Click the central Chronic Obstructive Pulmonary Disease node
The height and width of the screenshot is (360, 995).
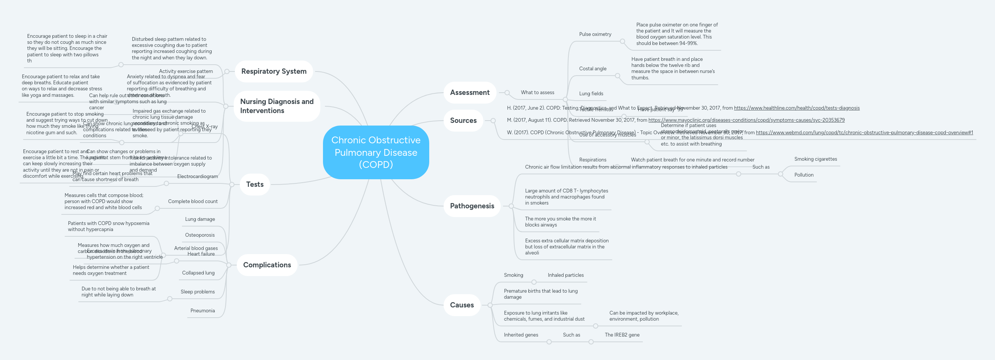tap(376, 152)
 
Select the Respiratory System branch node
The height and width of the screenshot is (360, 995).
tap(273, 71)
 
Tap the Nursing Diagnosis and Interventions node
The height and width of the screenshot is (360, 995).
tap(276, 106)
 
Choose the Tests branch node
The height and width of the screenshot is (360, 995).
tap(255, 185)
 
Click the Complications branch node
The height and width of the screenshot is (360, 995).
tap(267, 265)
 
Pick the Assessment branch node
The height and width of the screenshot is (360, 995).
tap(469, 93)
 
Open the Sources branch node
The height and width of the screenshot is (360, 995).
tap(463, 121)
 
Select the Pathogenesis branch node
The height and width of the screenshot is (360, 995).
tap(472, 206)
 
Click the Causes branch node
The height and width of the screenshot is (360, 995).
tap(462, 305)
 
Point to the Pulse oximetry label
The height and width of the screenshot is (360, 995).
tap(595, 34)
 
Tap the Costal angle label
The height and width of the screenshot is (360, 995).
tap(593, 69)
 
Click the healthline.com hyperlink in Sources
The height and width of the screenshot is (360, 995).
tap(796, 108)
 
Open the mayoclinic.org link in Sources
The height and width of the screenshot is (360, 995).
tap(746, 120)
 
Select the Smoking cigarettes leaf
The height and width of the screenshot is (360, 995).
tap(815, 159)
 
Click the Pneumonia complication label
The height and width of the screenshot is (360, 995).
tap(202, 311)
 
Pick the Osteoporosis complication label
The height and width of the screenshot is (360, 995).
tap(200, 235)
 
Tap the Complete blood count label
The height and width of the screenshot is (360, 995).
tap(193, 202)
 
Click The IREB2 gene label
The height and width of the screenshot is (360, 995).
tap(622, 335)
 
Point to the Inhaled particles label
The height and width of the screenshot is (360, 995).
tap(565, 275)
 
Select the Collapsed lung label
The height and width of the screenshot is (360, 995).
tap(198, 273)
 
